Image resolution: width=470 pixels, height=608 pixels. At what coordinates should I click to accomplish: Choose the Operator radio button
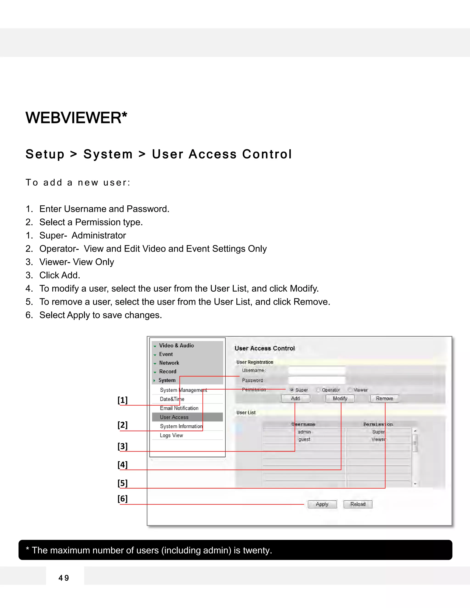coord(318,390)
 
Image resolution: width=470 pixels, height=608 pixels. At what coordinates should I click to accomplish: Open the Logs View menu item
coord(171,435)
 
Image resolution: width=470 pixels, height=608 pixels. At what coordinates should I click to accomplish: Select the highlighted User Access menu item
coord(174,417)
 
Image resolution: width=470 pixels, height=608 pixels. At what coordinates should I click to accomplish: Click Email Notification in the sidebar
coord(179,408)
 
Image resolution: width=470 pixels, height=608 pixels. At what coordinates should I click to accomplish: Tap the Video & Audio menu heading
coord(176,346)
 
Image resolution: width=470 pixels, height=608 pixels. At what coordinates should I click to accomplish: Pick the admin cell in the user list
coord(304,432)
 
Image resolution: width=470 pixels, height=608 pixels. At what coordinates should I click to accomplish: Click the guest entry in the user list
coord(304,439)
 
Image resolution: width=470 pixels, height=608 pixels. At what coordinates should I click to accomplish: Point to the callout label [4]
coord(123,465)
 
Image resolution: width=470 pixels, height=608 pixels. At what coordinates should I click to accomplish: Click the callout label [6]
coord(123,499)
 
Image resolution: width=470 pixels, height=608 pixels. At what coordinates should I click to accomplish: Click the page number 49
coord(64,578)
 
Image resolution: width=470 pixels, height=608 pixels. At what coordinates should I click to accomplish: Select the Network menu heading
coord(169,363)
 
